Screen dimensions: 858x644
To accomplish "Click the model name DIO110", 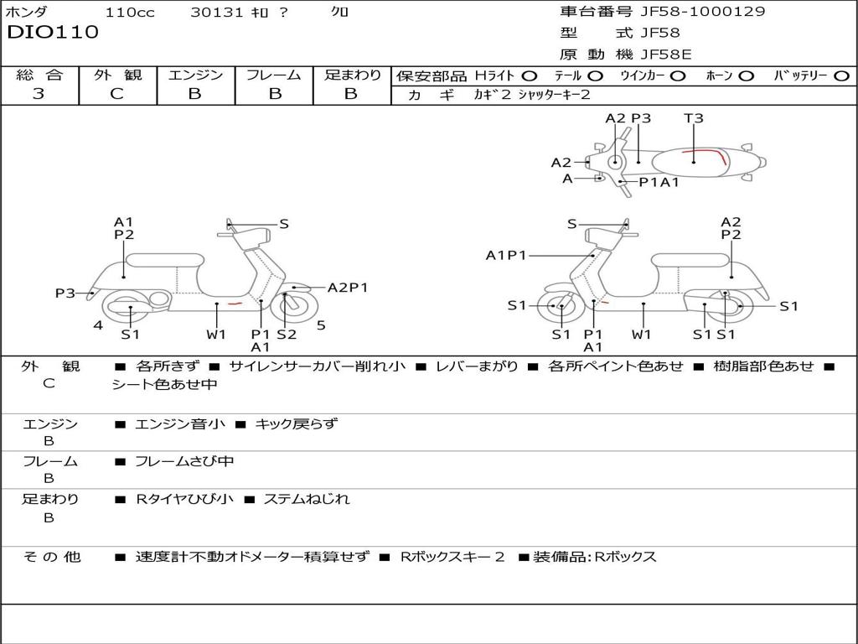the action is coord(53,33).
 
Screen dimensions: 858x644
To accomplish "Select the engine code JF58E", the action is coord(666,55).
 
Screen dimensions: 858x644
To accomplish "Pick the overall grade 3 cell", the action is coord(39,94).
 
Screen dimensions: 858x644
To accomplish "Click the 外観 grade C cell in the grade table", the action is coord(117,94).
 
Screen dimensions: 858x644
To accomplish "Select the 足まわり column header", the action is coord(352,75).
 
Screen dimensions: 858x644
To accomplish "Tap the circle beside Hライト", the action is coord(530,75).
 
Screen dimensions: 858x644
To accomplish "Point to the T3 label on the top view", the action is coord(694,118).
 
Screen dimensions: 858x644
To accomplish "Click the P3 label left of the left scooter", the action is coord(65,293).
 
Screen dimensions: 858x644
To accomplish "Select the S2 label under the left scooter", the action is coord(287,335).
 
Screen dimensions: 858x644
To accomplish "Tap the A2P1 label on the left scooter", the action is coord(348,288).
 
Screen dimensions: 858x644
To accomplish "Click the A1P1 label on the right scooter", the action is coord(506,255).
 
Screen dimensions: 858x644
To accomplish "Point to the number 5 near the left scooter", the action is coord(321,325).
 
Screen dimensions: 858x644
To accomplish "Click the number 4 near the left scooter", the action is coord(98,325).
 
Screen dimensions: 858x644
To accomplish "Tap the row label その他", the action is coord(50,556).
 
